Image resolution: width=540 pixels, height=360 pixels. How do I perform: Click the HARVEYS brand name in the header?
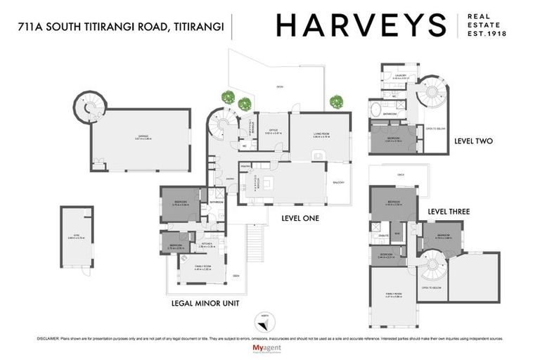361,25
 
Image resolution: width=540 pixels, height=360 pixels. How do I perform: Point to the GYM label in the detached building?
71,237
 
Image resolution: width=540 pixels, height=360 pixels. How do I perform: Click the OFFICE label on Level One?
274,130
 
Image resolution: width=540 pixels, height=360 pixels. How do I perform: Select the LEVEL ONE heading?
300,219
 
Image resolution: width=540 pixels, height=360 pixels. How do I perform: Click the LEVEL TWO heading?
473,141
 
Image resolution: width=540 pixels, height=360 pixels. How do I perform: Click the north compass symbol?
265,319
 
